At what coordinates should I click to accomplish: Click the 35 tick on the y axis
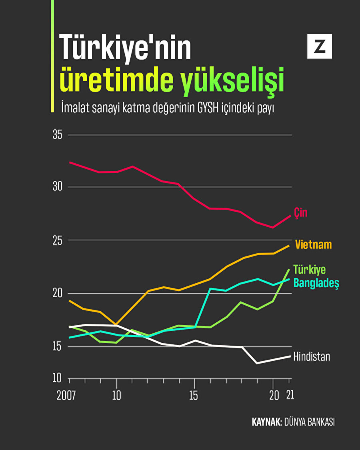point(58,135)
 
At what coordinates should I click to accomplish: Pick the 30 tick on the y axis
point(58,187)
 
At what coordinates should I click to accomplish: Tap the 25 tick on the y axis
point(58,240)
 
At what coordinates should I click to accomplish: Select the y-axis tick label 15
point(58,346)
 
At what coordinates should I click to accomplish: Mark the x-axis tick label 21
point(290,396)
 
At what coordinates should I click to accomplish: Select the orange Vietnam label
point(314,244)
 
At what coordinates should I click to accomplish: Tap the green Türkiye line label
point(310,270)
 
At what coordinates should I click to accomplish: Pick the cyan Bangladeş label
point(316,283)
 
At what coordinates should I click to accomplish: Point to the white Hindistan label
point(312,356)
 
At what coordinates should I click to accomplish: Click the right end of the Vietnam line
point(289,246)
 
